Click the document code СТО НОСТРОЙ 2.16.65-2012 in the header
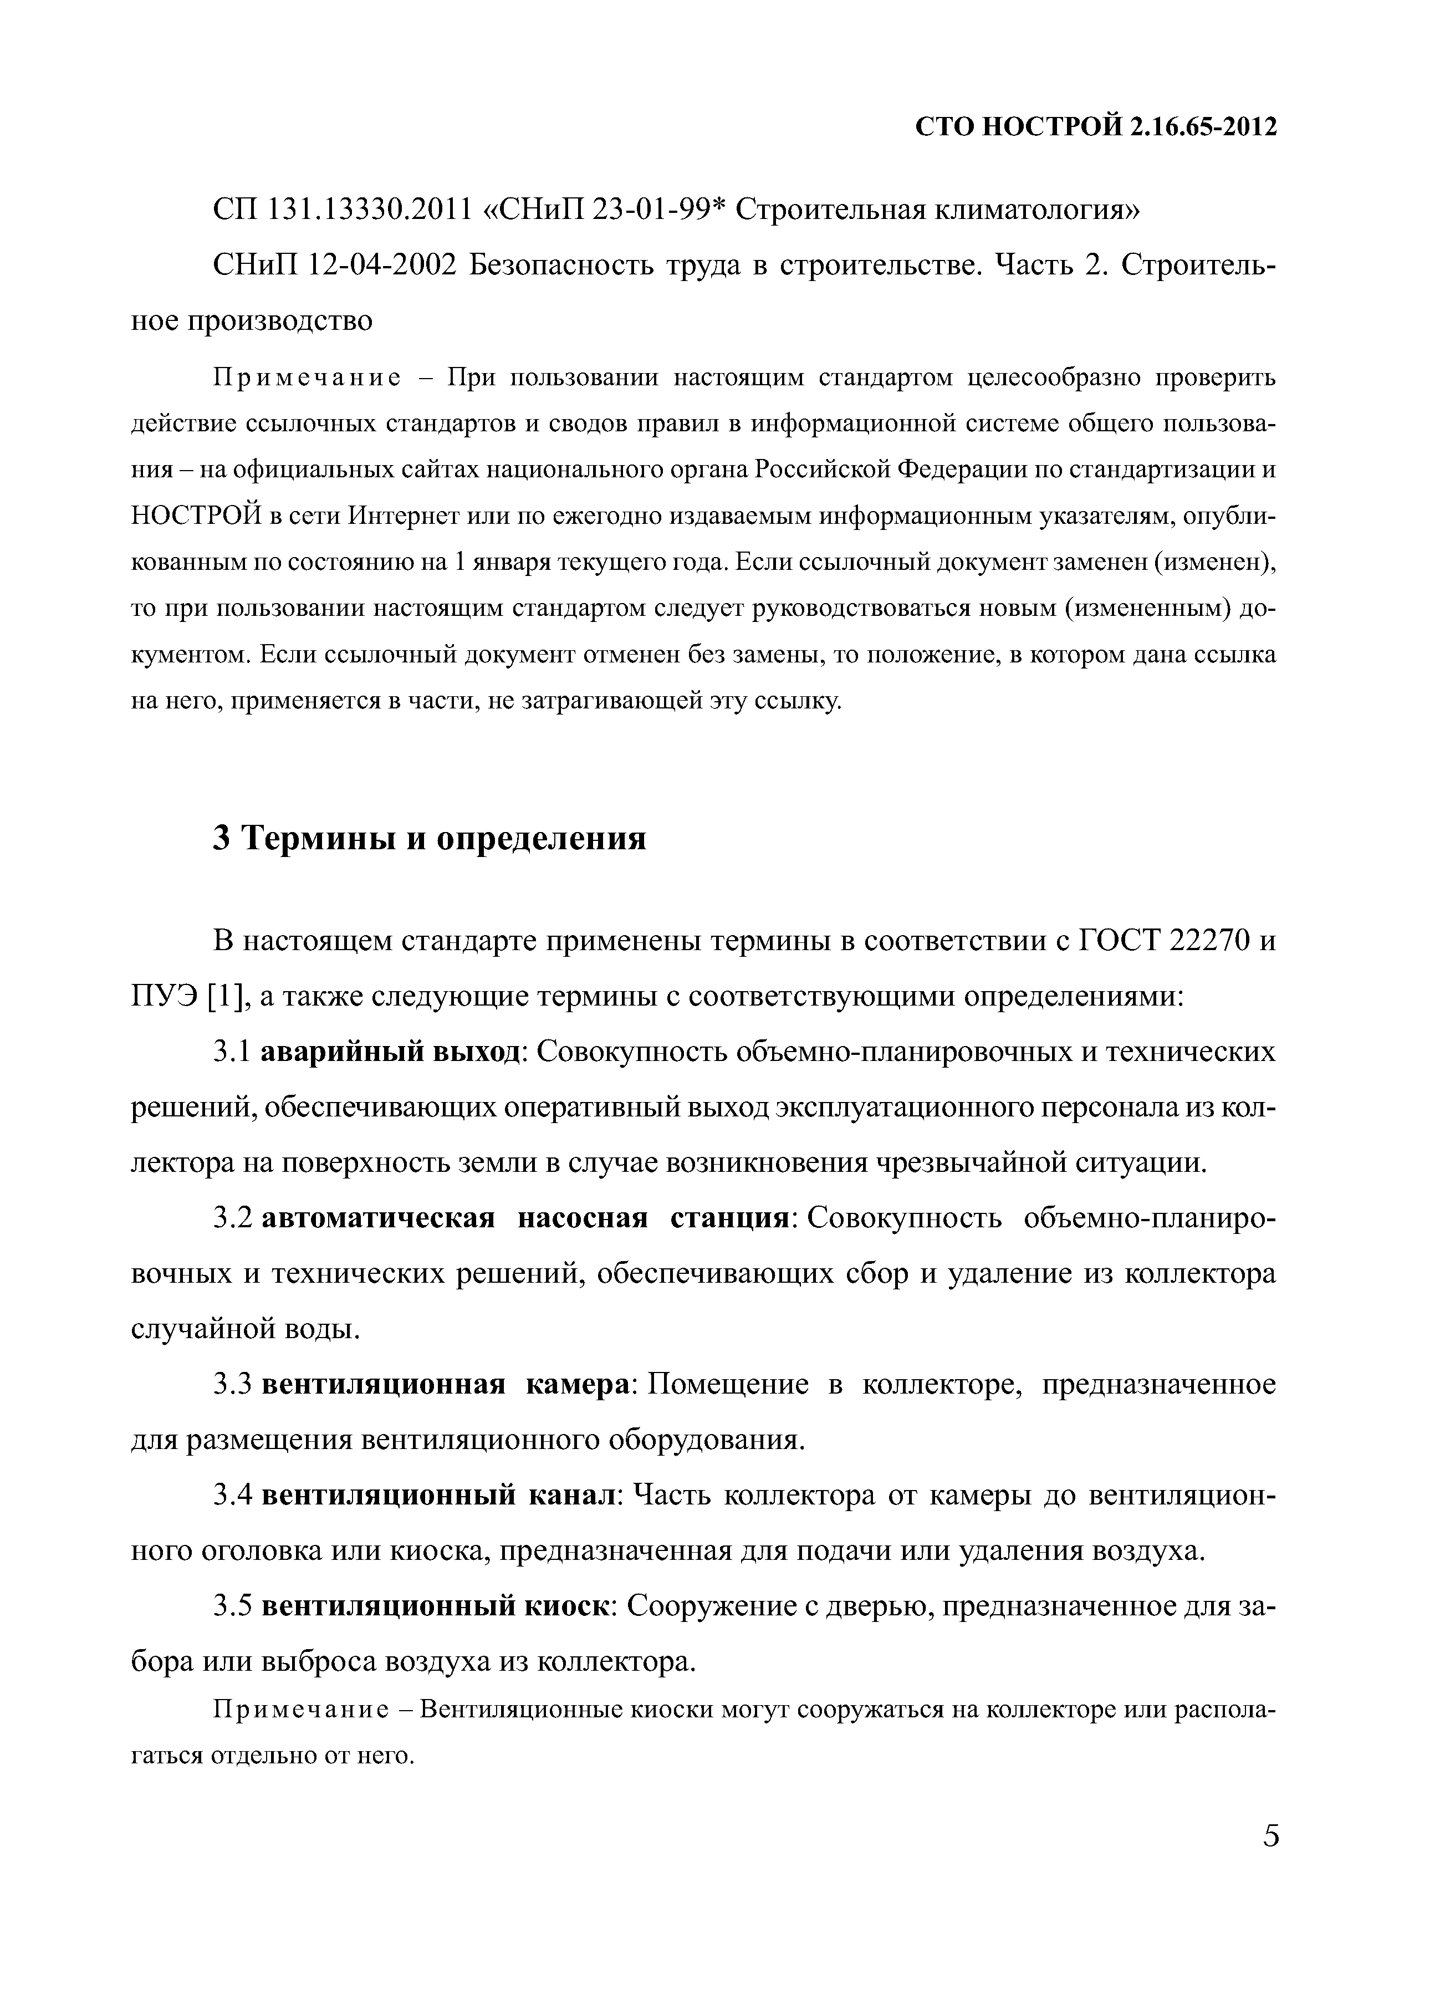tap(1095, 127)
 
